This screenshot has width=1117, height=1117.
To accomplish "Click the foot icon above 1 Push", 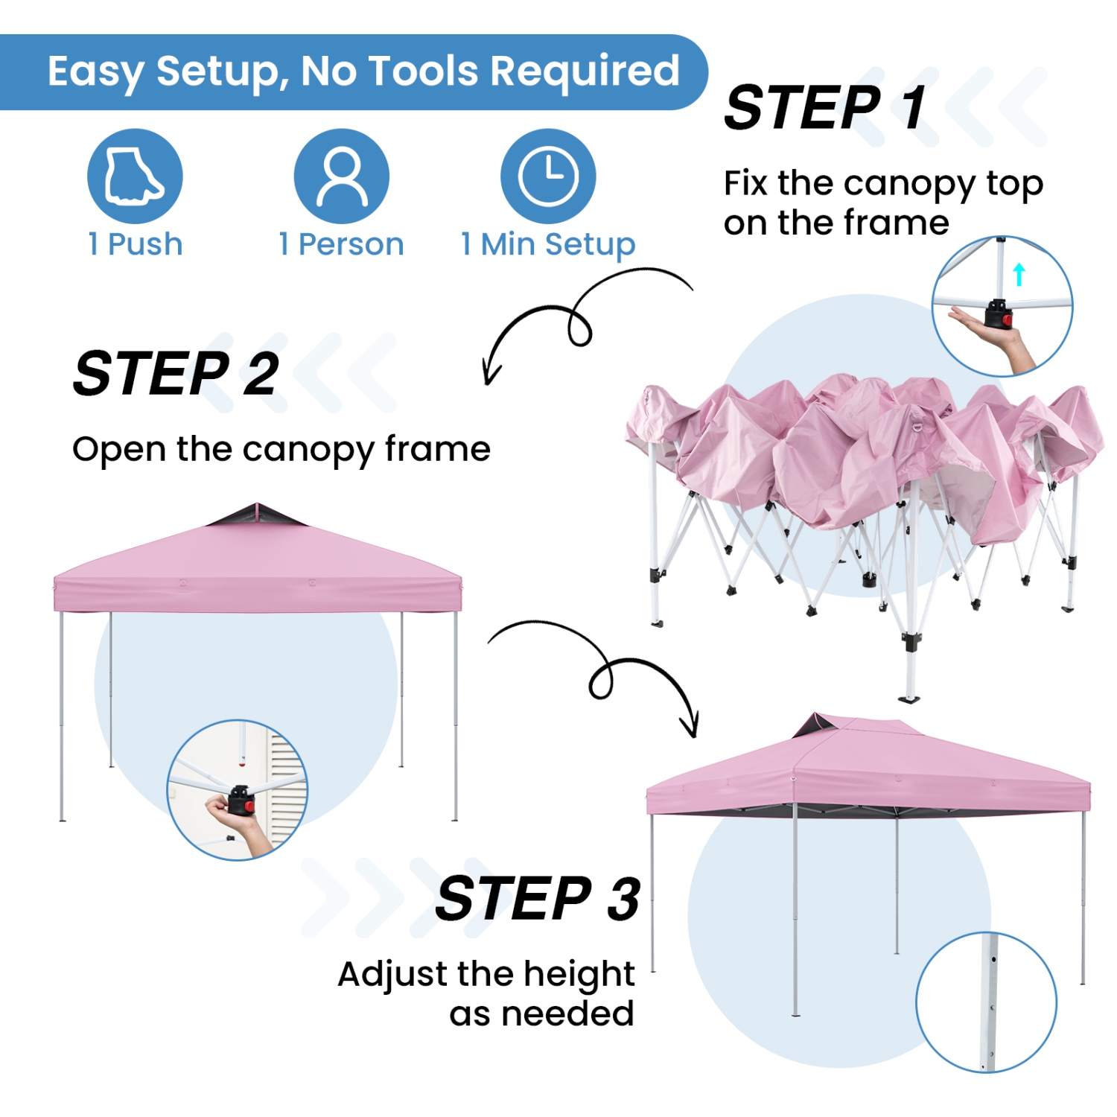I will (135, 176).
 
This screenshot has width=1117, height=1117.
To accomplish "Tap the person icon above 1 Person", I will (342, 176).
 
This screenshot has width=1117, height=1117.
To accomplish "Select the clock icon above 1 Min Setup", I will (548, 176).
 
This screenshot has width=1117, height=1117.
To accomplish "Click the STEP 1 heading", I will (825, 108).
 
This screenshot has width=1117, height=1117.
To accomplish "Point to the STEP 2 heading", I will (176, 374).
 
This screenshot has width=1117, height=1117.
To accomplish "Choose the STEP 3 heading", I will (538, 899).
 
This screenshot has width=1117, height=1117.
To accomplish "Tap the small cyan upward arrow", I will (1019, 273).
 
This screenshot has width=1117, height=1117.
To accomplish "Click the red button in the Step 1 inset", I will (1007, 321).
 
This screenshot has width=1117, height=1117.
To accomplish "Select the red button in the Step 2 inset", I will (249, 806).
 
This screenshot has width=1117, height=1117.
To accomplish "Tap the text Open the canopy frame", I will (281, 450).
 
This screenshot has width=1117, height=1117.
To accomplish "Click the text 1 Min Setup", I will (548, 244).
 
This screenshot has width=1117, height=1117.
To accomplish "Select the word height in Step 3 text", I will (579, 974).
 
